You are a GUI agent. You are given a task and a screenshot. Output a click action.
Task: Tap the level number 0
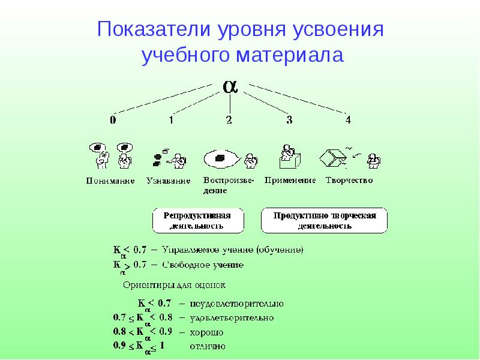pyautogui.click(x=112, y=120)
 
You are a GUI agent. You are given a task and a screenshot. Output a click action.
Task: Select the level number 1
pyautogui.click(x=171, y=120)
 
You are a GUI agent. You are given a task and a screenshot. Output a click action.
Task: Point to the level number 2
pyautogui.click(x=229, y=120)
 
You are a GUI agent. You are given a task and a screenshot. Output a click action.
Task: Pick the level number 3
pyautogui.click(x=289, y=120)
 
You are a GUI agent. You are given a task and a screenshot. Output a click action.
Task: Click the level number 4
pyautogui.click(x=348, y=120)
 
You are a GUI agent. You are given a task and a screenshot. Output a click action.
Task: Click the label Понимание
pyautogui.click(x=110, y=181)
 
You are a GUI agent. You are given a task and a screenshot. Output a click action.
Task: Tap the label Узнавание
pyautogui.click(x=169, y=181)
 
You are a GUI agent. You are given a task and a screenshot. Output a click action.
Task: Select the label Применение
pyautogui.click(x=290, y=180)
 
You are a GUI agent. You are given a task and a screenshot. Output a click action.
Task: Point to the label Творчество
pyautogui.click(x=349, y=180)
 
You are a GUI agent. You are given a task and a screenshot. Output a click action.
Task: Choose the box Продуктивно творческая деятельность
pyautogui.click(x=324, y=221)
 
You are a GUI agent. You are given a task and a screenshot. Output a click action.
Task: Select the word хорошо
pyautogui.click(x=207, y=332)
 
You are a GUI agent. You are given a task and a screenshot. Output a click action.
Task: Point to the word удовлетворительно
pyautogui.click(x=232, y=317)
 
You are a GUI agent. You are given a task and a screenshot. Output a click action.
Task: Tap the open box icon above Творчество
pyautogui.click(x=333, y=158)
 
